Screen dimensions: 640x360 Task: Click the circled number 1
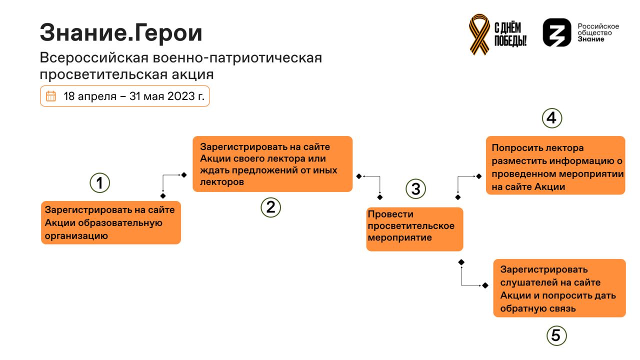pyautogui.click(x=99, y=183)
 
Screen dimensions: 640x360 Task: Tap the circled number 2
pyautogui.click(x=270, y=207)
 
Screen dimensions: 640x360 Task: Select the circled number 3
pyautogui.click(x=415, y=188)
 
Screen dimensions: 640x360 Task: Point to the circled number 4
pyautogui.click(x=551, y=118)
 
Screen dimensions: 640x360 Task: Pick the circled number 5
pyautogui.click(x=556, y=335)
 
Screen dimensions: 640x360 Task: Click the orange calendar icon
pyautogui.click(x=51, y=96)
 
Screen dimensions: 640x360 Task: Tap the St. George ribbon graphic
pyautogui.click(x=479, y=34)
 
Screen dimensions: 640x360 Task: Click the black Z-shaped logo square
pyautogui.click(x=557, y=32)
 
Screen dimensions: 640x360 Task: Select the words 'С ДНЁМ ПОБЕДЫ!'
pyautogui.click(x=510, y=34)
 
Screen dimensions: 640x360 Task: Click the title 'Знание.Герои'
pyautogui.click(x=121, y=32)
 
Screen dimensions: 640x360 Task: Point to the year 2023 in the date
pyautogui.click(x=181, y=96)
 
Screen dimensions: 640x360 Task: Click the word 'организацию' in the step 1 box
pyautogui.click(x=76, y=235)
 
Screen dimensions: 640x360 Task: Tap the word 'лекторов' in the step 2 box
pyautogui.click(x=222, y=181)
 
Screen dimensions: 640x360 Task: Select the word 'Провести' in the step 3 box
pyautogui.click(x=390, y=214)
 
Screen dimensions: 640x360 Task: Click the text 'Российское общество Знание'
pyautogui.click(x=598, y=32)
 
